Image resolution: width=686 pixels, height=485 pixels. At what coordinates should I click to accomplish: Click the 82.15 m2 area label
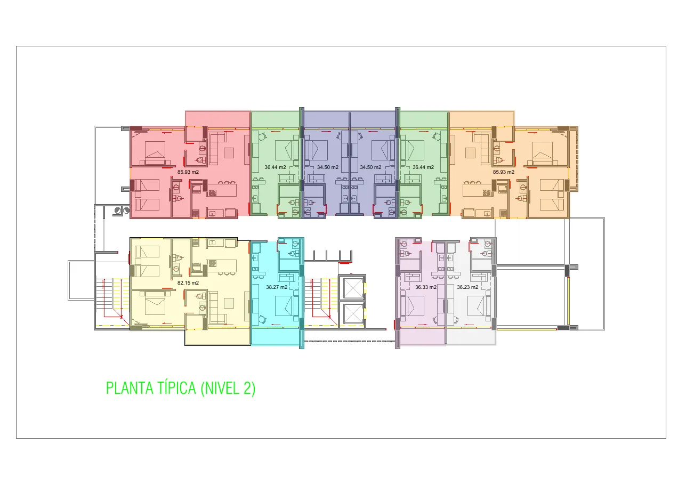click(x=188, y=283)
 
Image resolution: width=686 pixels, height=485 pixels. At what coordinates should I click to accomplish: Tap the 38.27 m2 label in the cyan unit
click(x=277, y=287)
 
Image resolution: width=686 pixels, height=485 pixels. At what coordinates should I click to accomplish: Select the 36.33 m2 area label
click(x=426, y=287)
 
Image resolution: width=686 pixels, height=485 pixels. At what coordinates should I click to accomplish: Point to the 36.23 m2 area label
click(x=467, y=287)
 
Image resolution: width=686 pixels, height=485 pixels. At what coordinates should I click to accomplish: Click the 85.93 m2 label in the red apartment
click(x=188, y=172)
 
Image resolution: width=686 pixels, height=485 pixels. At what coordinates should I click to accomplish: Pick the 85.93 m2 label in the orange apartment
click(x=504, y=172)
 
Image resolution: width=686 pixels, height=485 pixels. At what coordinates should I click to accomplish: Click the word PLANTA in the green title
click(x=130, y=388)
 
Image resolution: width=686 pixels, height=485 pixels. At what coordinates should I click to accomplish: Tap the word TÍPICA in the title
click(x=177, y=387)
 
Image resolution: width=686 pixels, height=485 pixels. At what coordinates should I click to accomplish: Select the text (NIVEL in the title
click(x=220, y=388)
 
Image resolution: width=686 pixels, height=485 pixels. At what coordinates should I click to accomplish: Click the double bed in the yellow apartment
click(x=155, y=303)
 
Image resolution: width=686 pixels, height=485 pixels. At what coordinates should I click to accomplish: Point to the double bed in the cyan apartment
click(x=287, y=305)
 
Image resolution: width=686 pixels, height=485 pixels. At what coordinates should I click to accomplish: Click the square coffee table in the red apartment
click(x=229, y=153)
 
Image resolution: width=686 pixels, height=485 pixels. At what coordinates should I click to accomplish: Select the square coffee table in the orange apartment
click(x=470, y=153)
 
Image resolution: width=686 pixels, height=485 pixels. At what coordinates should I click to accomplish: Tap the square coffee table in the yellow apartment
click(x=229, y=303)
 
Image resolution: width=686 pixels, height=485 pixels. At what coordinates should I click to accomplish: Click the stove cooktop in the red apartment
click(x=213, y=193)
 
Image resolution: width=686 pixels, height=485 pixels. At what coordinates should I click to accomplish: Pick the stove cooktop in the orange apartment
click(x=486, y=193)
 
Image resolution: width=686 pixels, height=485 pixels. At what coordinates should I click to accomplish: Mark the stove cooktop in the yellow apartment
click(x=213, y=263)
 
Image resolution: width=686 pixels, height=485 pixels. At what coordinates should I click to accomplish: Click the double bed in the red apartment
click(x=155, y=153)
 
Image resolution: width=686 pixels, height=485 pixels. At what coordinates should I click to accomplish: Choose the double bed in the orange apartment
click(x=543, y=153)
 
